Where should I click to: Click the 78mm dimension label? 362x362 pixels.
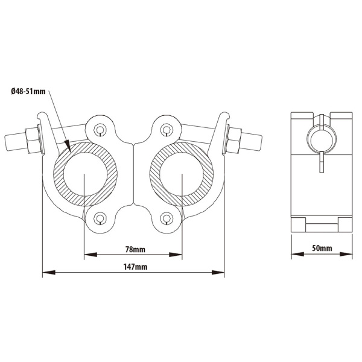[x=135, y=250]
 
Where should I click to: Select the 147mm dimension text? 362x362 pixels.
[x=135, y=267]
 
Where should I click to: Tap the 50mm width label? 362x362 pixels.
[x=322, y=248]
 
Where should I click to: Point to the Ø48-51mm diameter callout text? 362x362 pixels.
[x=28, y=92]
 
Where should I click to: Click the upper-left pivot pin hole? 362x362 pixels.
[x=100, y=129]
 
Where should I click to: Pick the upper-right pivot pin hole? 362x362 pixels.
[x=165, y=129]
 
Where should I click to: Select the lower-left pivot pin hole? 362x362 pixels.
[x=100, y=218]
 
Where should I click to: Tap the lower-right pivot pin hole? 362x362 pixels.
[x=165, y=218]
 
